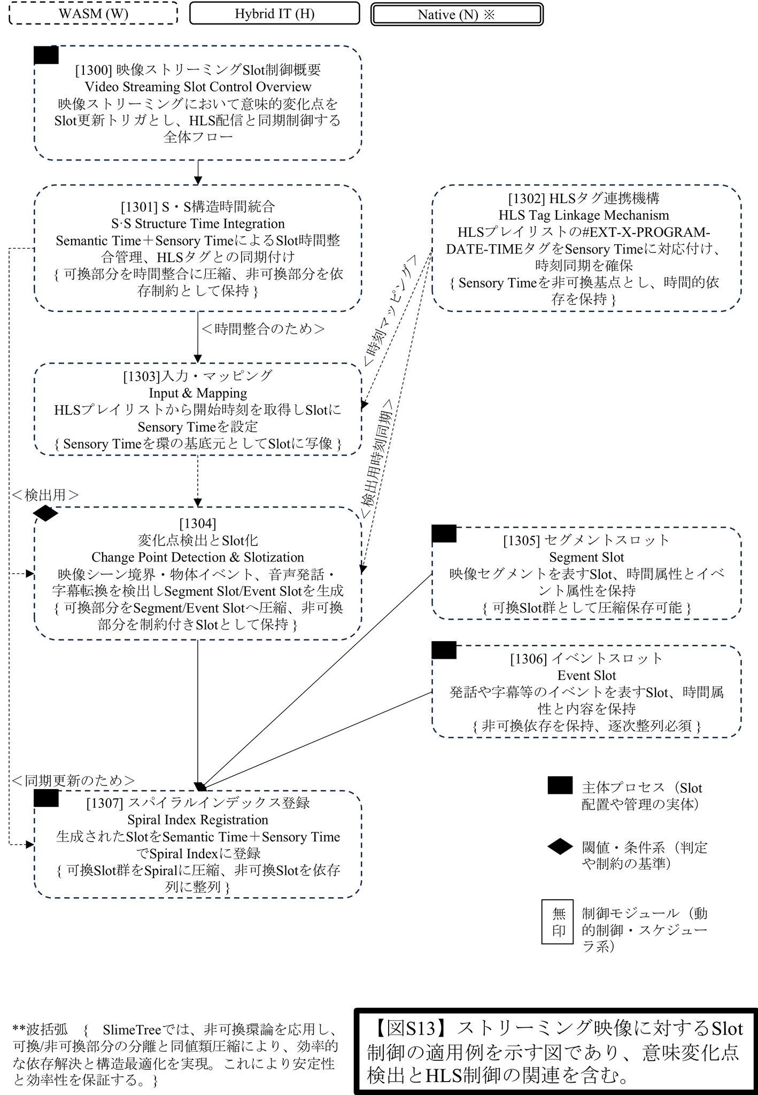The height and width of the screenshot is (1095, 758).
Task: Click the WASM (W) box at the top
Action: point(94,13)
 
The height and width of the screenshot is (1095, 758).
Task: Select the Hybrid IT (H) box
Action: point(274,13)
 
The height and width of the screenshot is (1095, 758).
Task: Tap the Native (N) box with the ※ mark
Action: point(457,14)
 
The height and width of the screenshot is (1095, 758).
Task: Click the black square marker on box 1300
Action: point(46,55)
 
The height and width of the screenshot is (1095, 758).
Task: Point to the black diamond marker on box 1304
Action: point(45,513)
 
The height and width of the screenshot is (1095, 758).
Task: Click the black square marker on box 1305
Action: point(444,534)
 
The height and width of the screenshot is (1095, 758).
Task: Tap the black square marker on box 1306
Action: point(444,650)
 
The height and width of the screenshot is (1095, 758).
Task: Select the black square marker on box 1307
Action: point(46,798)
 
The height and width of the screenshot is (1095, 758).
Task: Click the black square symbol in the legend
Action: point(560,785)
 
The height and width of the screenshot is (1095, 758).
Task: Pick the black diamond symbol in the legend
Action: point(560,847)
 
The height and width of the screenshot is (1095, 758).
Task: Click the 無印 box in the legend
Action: point(558,922)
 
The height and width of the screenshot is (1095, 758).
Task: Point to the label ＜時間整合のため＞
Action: point(263,329)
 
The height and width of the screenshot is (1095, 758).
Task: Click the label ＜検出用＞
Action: point(45,495)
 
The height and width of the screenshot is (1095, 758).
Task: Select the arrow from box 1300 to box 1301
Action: point(198,172)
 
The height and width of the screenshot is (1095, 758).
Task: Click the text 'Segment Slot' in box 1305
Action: point(586,557)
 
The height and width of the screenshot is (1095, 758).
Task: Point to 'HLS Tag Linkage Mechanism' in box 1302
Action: point(584,215)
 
